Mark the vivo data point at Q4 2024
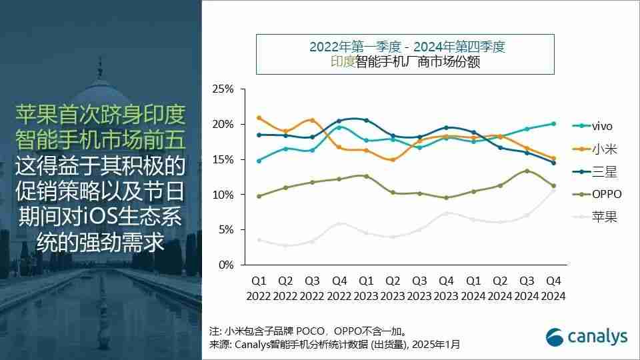pos(553,123)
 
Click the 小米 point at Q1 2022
pos(259,118)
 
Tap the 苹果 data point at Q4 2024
pos(553,191)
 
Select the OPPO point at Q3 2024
pos(527,171)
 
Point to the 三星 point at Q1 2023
pos(365,120)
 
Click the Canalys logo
pos(587,337)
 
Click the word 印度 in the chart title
pos(342,63)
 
